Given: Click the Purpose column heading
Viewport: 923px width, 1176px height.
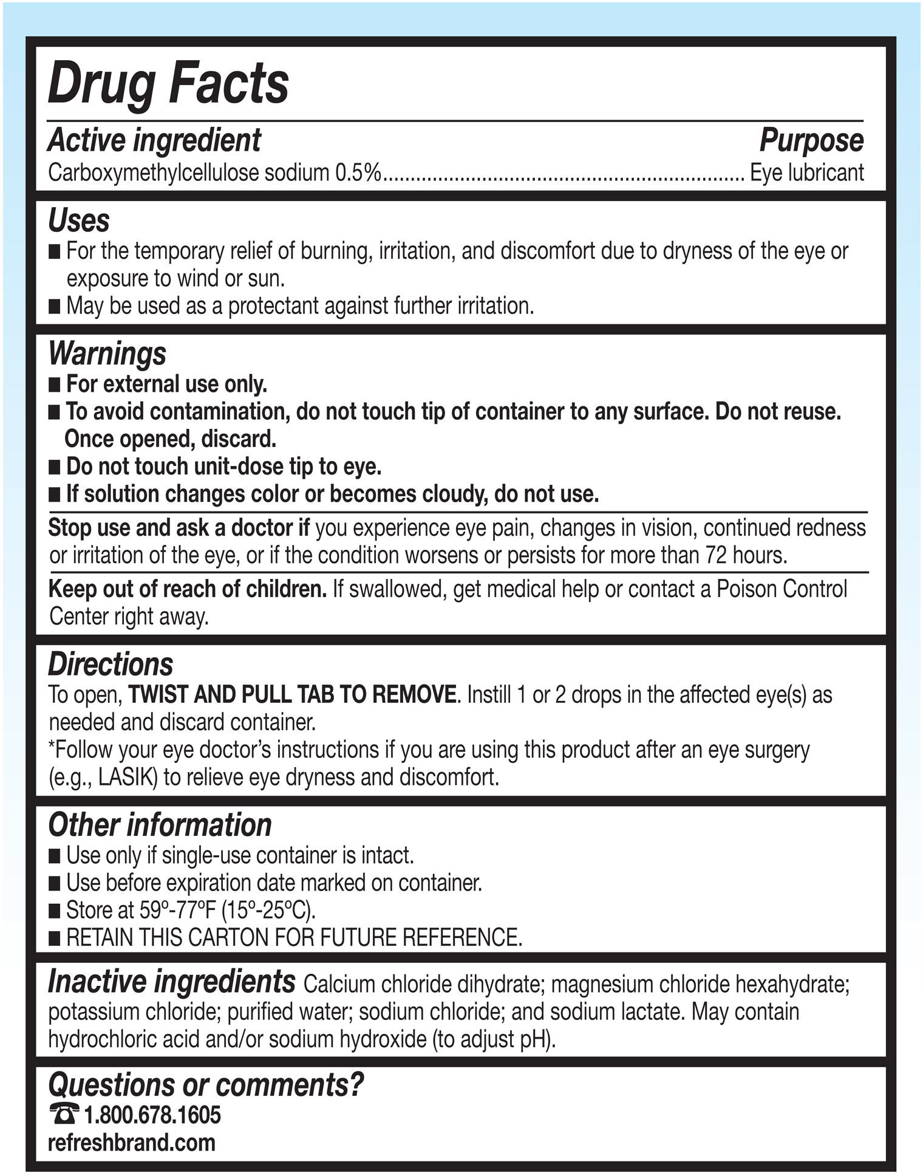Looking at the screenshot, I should [x=811, y=140].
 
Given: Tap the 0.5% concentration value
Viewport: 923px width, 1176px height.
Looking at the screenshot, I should [x=358, y=173].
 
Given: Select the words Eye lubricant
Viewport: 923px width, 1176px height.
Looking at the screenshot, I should [x=807, y=173].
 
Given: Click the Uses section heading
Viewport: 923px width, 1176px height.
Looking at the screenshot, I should [x=78, y=220].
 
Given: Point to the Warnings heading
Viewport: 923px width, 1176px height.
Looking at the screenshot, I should [x=107, y=353].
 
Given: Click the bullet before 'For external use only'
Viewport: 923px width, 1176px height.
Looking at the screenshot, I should [x=55, y=385].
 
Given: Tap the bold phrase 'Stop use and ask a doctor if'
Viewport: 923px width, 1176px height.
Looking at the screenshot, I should [x=179, y=528].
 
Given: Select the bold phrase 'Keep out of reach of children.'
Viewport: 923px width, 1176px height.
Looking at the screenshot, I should [x=188, y=589].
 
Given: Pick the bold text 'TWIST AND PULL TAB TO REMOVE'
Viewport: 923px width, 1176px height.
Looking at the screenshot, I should [x=292, y=695].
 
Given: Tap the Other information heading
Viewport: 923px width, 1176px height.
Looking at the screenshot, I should [x=160, y=824].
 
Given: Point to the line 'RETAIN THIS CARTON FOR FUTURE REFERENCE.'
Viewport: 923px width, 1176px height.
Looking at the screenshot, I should [x=294, y=937].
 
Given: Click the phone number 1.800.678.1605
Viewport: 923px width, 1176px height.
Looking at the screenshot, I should [x=152, y=1115].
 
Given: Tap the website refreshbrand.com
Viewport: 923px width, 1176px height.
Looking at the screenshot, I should [x=132, y=1143].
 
